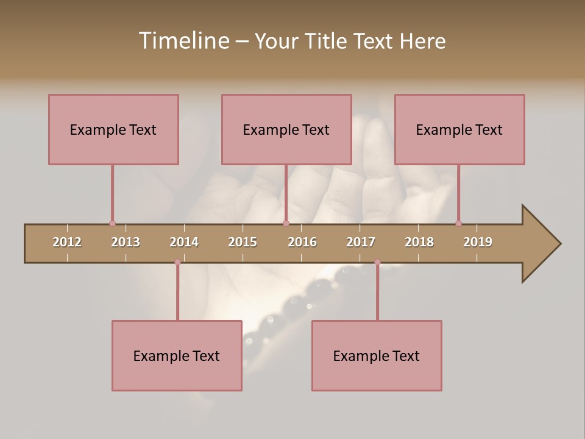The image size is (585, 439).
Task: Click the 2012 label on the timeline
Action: [x=67, y=242]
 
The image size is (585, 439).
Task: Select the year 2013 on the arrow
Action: [x=126, y=242]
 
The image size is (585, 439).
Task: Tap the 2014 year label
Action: [x=184, y=242]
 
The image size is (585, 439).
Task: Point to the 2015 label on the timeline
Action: [x=243, y=242]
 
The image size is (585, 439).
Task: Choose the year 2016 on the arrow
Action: [x=302, y=242]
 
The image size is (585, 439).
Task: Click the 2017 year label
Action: [x=361, y=242]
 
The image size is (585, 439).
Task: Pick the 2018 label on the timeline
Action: [x=419, y=242]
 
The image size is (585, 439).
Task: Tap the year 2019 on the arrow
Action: [x=478, y=242]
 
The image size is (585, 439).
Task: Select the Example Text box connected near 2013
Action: [x=113, y=129]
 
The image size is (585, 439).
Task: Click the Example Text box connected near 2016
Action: [x=286, y=129]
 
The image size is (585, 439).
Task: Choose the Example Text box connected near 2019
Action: [x=459, y=129]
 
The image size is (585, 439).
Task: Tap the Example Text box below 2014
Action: [x=177, y=355]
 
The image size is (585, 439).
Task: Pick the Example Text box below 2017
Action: [x=377, y=355]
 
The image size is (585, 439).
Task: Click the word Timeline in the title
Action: [x=183, y=41]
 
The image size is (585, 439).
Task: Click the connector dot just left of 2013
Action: [x=112, y=223]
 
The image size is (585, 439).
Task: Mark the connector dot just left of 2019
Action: [x=458, y=223]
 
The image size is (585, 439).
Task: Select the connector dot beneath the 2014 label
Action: [x=177, y=262]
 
